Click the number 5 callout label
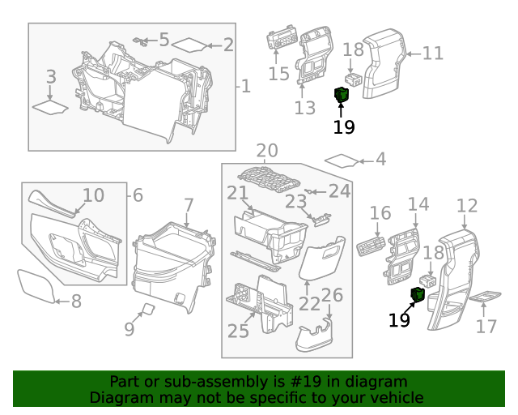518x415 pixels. click(163, 40)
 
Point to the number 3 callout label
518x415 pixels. click(51, 77)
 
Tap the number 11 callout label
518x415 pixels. click(433, 53)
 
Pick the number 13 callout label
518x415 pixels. click(304, 108)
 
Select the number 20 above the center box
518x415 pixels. click(267, 151)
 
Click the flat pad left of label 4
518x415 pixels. click(341, 160)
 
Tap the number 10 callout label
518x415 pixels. click(94, 195)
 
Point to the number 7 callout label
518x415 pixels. click(188, 206)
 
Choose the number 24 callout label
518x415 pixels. click(340, 191)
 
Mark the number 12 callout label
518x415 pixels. click(467, 207)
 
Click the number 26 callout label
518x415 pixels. click(333, 296)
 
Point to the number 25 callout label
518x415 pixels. click(238, 331)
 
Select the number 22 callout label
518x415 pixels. click(308, 303)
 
